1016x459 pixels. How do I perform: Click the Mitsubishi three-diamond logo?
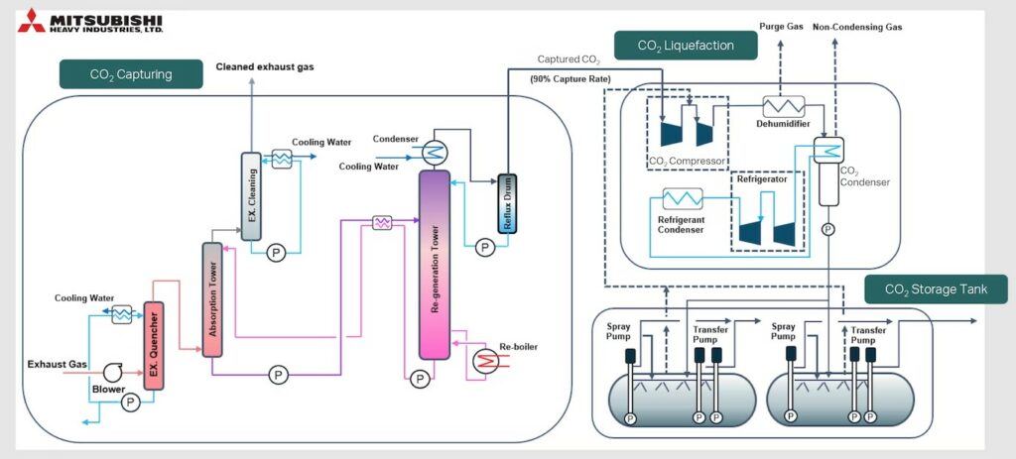click(31, 21)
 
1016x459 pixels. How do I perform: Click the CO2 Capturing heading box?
click(131, 74)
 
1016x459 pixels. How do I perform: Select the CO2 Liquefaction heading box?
click(686, 45)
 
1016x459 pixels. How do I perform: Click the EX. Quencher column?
click(153, 346)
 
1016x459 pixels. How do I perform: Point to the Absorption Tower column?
click(211, 298)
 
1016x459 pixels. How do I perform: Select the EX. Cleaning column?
click(251, 195)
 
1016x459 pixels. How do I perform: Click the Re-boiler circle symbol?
click(485, 361)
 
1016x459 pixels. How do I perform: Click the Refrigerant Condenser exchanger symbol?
click(682, 198)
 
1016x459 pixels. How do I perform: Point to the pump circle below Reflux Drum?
click(483, 246)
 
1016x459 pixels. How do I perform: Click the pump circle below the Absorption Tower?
click(279, 375)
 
